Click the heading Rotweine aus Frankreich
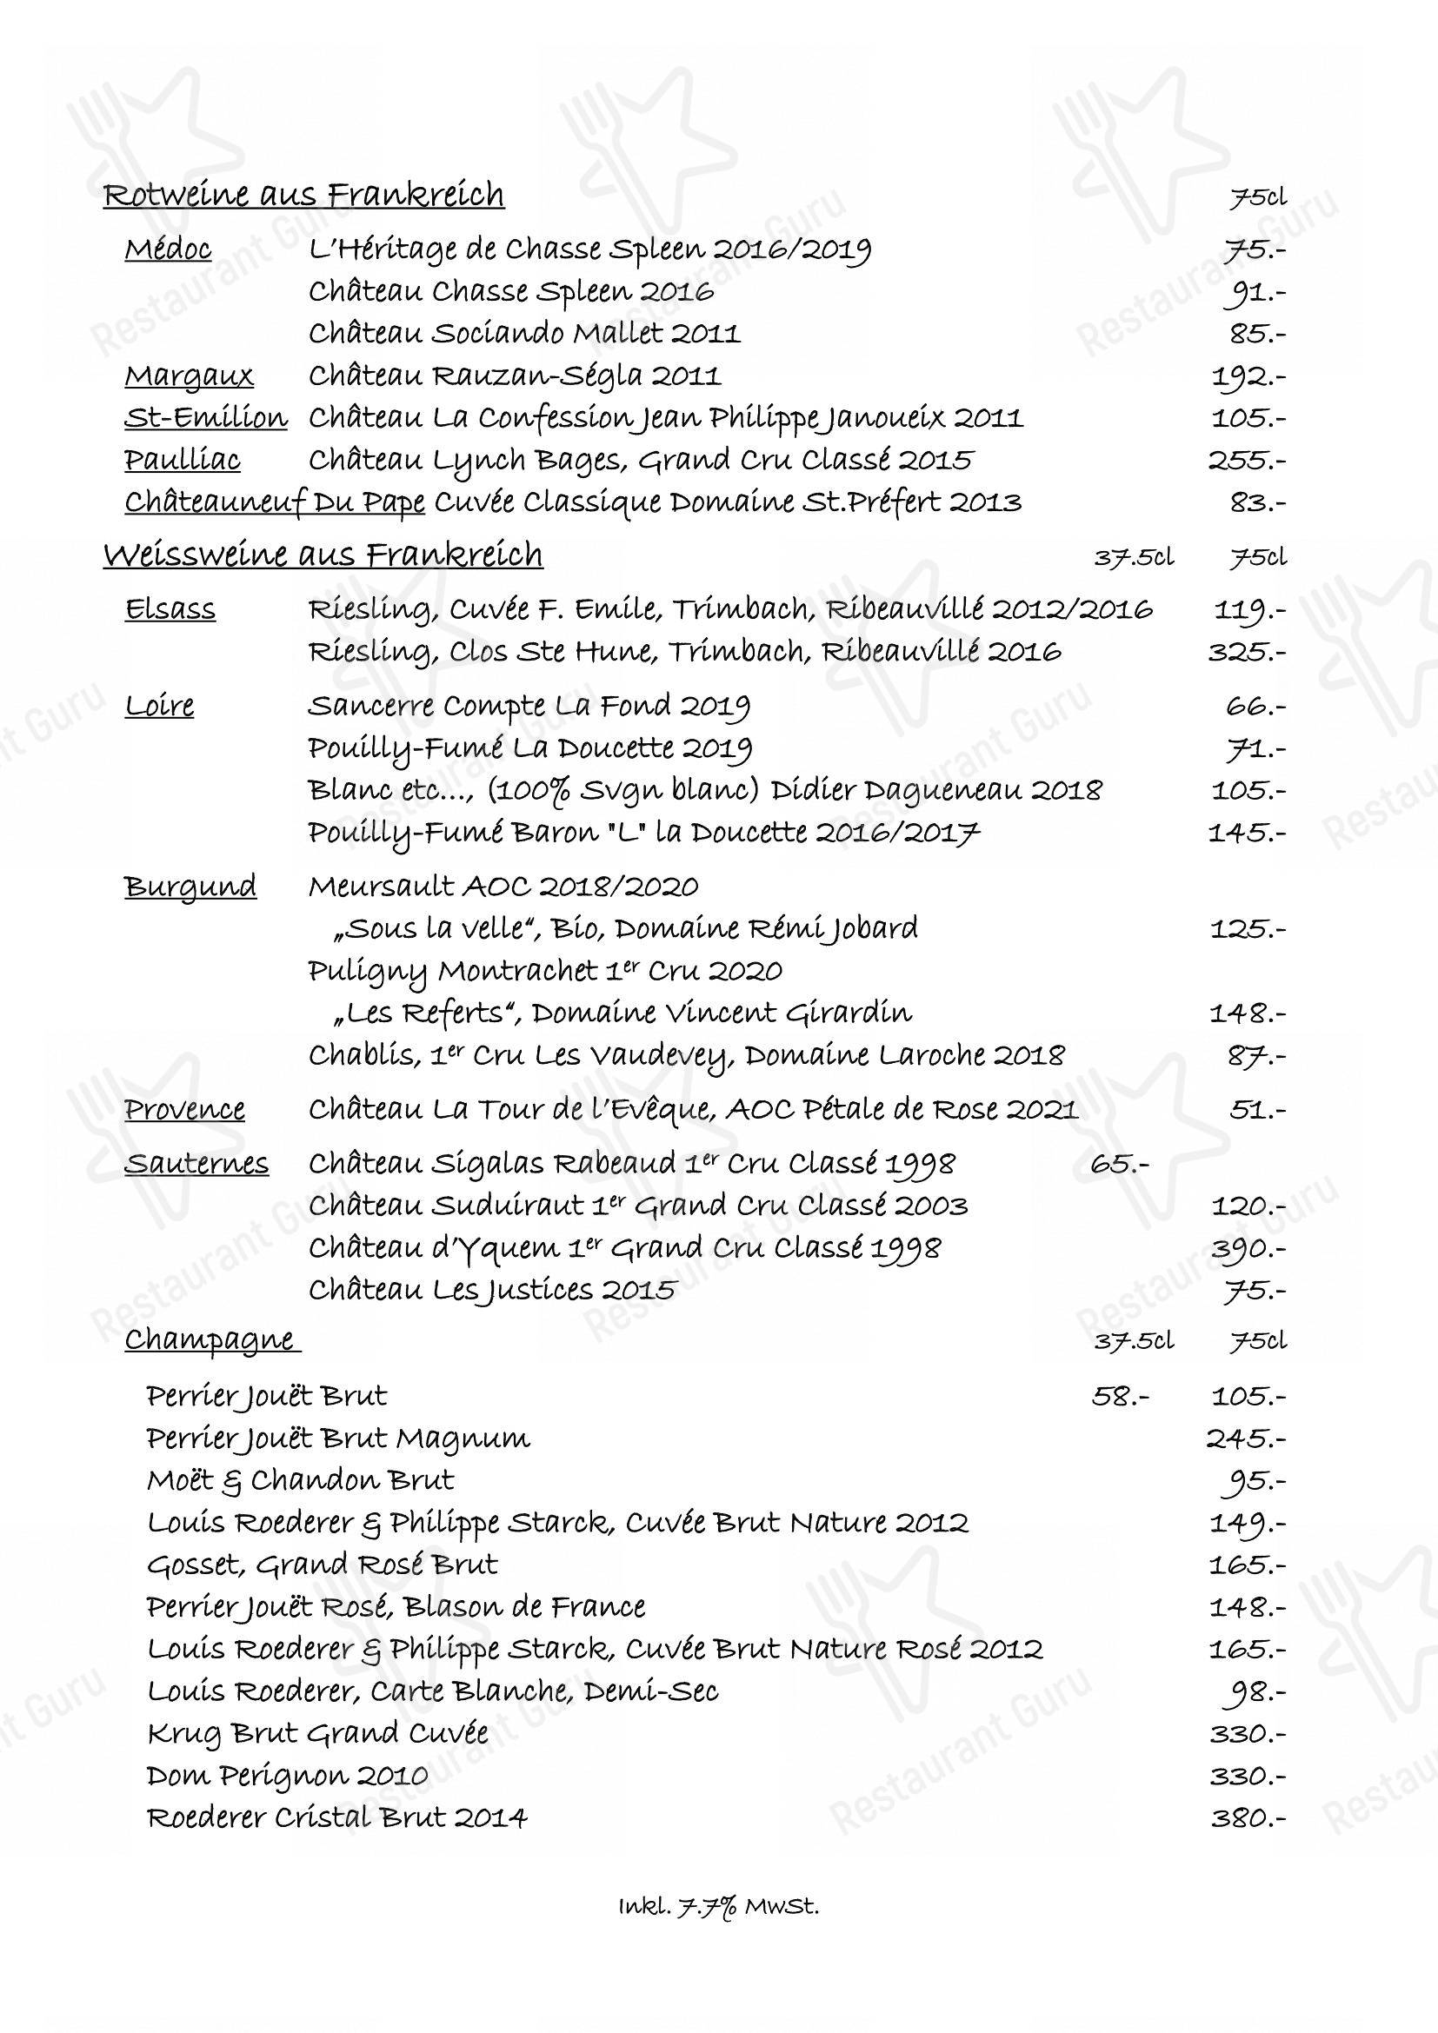[303, 195]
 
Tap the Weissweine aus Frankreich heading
[323, 555]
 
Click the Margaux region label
[190, 376]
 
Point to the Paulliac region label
[183, 461]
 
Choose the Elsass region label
[170, 610]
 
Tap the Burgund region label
[190, 887]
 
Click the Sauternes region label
[196, 1164]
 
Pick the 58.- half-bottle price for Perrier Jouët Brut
[1121, 1397]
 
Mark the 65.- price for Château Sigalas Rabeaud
[1120, 1164]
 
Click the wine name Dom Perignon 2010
[288, 1777]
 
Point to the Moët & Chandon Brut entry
[301, 1480]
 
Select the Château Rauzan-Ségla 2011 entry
[515, 376]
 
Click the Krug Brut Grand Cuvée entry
[318, 1734]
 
